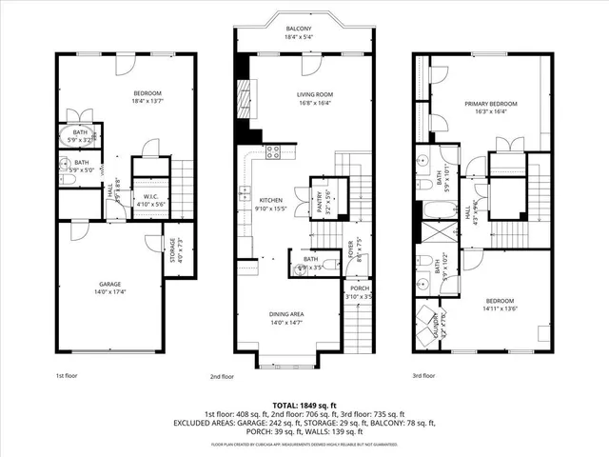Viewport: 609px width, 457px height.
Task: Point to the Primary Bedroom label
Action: (491, 103)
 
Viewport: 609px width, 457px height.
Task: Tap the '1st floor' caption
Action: (65, 376)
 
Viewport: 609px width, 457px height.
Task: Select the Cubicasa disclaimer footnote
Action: (304, 443)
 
